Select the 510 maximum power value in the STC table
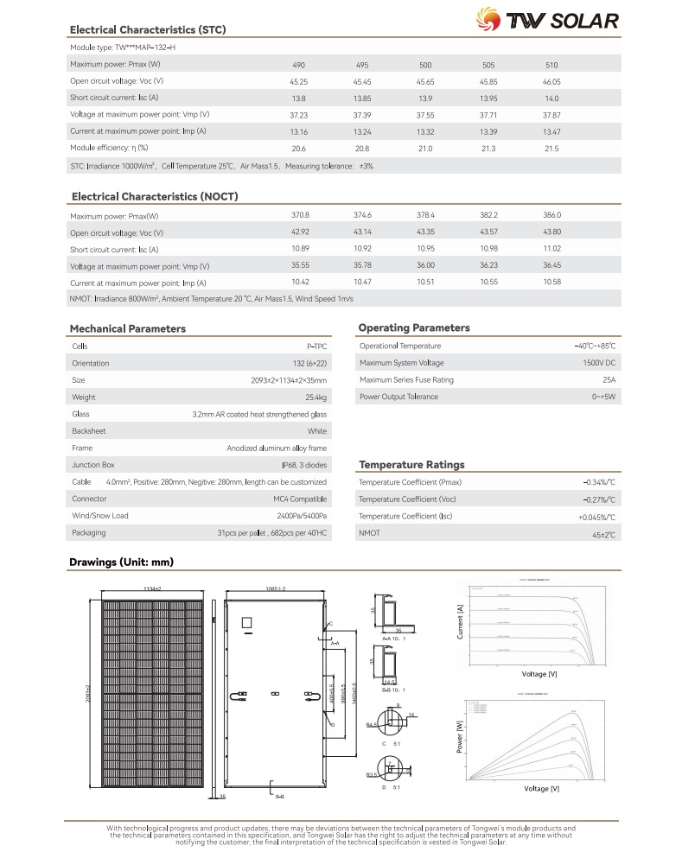(x=551, y=66)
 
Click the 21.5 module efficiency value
(x=551, y=149)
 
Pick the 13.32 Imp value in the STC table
(x=425, y=131)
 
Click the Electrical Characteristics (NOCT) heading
(x=155, y=196)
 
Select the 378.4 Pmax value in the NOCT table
(x=425, y=215)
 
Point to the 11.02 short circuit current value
(x=551, y=249)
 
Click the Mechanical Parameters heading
(x=127, y=328)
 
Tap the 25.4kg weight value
(x=316, y=397)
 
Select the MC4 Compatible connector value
(x=300, y=499)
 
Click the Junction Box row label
(x=92, y=465)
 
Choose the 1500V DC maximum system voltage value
(x=599, y=363)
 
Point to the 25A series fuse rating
(x=609, y=380)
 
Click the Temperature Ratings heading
(x=411, y=464)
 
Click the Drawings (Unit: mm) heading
(x=121, y=563)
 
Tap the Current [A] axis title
(x=460, y=622)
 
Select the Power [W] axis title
(x=460, y=741)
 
